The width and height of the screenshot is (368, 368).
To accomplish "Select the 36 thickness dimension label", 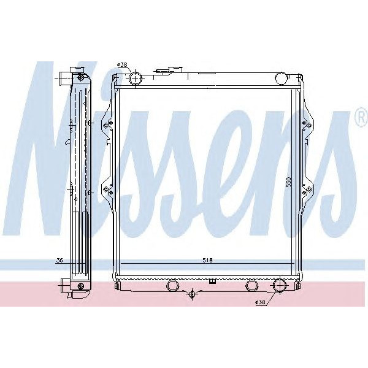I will (59, 261).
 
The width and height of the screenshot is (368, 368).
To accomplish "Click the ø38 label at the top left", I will (122, 65).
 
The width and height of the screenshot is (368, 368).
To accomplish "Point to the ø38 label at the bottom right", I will (261, 303).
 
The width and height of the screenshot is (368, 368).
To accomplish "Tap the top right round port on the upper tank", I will (281, 78).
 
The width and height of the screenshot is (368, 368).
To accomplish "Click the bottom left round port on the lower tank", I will (172, 286).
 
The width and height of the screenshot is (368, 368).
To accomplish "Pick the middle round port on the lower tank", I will (251, 286).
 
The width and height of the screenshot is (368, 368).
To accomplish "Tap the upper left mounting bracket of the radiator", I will (109, 125).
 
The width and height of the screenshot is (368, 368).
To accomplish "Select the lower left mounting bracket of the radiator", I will (109, 191).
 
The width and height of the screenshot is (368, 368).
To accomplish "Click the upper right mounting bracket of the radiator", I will (304, 125).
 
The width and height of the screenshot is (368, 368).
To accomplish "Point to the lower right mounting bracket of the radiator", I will (304, 191).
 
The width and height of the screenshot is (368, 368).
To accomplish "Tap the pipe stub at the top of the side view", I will (66, 78).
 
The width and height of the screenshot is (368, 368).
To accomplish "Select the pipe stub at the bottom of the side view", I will (66, 286).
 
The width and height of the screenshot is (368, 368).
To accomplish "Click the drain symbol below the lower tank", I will (193, 295).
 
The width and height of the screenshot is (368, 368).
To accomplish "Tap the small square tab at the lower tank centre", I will (212, 282).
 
